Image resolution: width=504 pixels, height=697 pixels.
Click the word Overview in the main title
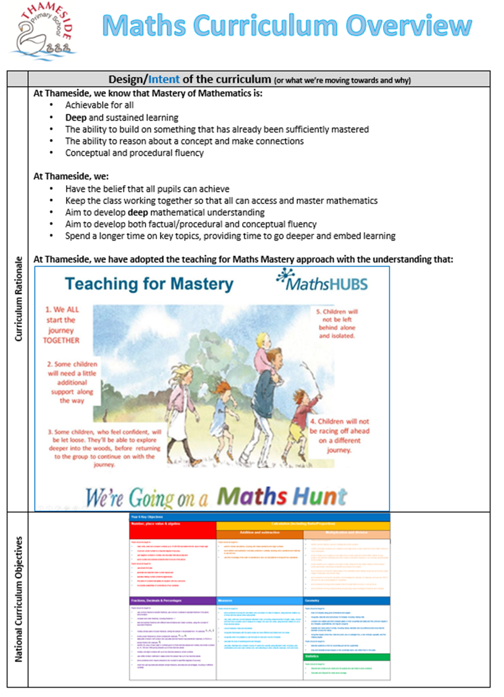(x=408, y=26)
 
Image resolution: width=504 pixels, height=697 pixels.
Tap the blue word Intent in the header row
(x=164, y=79)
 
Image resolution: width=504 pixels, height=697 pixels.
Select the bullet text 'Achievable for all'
(x=99, y=105)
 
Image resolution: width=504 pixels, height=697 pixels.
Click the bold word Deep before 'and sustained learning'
(x=76, y=118)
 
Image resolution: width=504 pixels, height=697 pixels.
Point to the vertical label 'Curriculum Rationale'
(x=18, y=299)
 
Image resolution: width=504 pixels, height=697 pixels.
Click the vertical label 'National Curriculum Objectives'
(x=18, y=599)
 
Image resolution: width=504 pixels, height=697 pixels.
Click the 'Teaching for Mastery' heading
(x=149, y=284)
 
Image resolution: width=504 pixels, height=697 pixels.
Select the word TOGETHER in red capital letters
(x=61, y=340)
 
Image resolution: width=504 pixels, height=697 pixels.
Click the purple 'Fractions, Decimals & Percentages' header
(x=172, y=600)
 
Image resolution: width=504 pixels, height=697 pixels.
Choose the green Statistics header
(x=347, y=656)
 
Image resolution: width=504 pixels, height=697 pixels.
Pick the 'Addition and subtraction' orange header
(x=260, y=534)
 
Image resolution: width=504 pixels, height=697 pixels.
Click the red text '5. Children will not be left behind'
(x=337, y=324)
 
